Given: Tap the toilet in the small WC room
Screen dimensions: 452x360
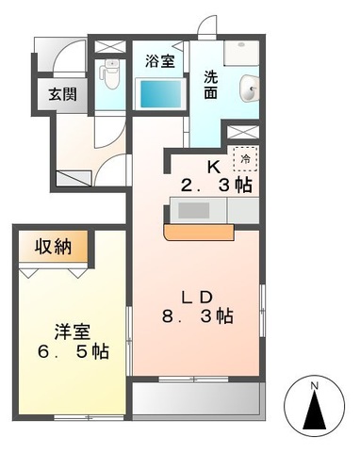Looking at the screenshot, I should point(111,73).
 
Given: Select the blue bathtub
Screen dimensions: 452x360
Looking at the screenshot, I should point(159,93).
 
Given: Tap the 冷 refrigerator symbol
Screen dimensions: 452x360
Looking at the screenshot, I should point(243,161).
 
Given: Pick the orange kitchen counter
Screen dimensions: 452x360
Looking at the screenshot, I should point(200,231).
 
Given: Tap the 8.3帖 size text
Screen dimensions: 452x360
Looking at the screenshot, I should point(196,318).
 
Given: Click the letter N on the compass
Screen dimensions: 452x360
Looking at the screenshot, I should point(314,384).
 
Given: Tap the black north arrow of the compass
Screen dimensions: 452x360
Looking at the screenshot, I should point(314,411).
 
